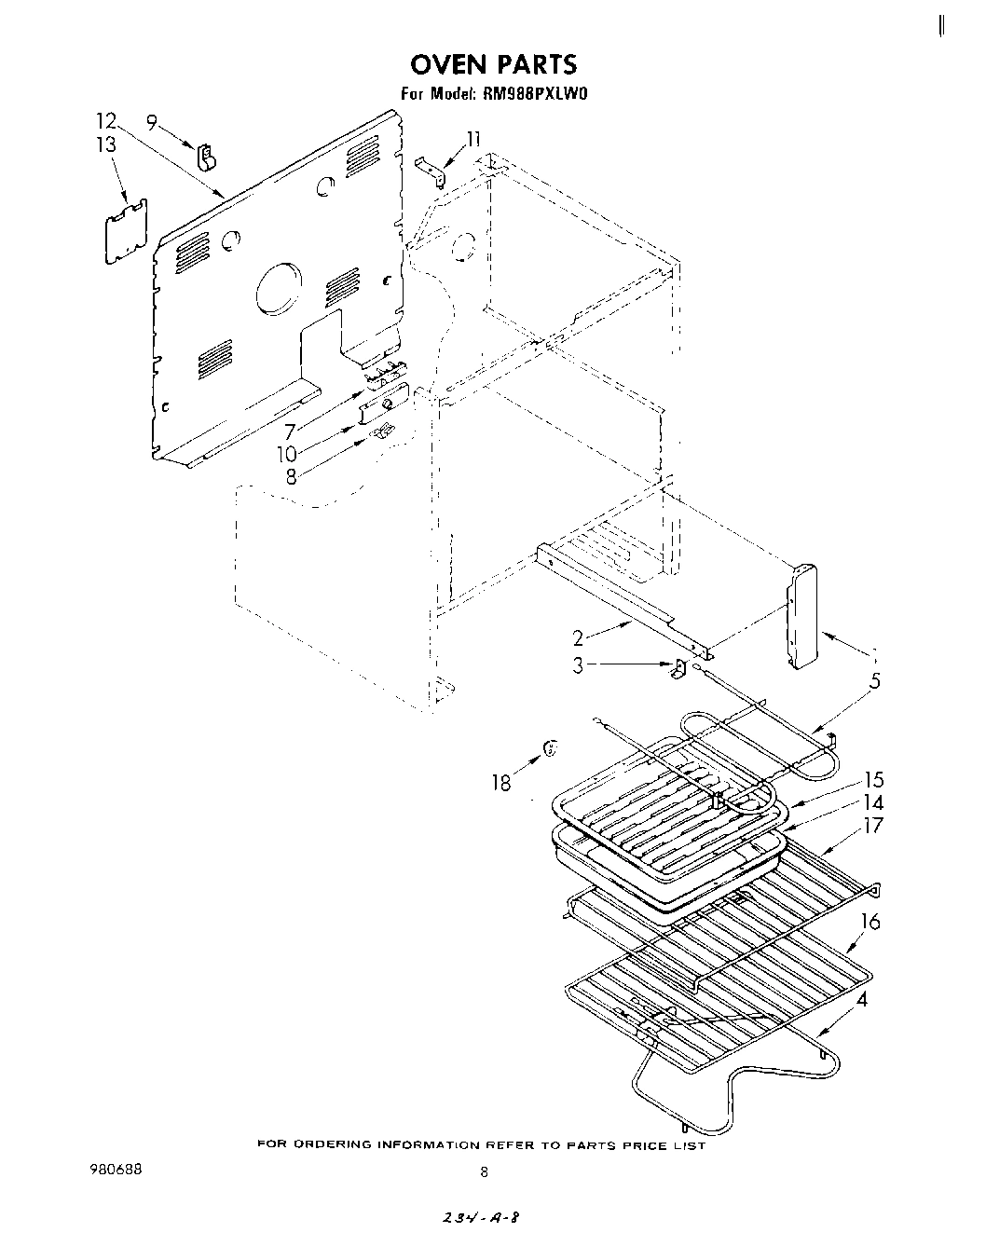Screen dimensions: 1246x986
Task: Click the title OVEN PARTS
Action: (494, 63)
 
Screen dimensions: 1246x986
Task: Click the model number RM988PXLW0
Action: (537, 93)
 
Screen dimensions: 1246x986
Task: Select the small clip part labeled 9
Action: (206, 157)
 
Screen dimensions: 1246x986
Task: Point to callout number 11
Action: (474, 139)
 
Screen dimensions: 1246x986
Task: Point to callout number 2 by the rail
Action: (578, 638)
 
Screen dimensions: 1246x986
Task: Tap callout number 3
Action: (578, 666)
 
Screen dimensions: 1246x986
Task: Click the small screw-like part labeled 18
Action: (551, 747)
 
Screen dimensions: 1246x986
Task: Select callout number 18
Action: (501, 783)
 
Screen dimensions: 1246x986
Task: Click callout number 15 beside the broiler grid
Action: (873, 780)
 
